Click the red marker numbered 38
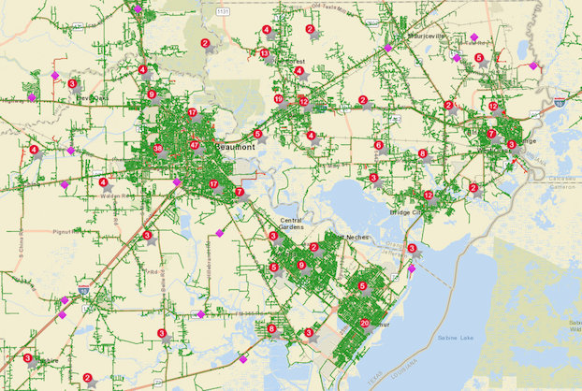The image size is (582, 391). (x=157, y=149)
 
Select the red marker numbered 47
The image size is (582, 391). (x=195, y=145)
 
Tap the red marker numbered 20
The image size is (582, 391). (x=364, y=324)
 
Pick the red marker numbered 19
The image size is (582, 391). (x=279, y=98)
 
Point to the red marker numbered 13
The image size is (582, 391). (x=265, y=53)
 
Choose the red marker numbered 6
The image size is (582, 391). (x=379, y=145)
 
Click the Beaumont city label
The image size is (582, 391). (x=234, y=148)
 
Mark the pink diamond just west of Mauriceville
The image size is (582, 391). (x=388, y=48)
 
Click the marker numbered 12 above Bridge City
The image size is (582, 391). (x=428, y=195)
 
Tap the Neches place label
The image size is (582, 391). (x=357, y=238)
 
